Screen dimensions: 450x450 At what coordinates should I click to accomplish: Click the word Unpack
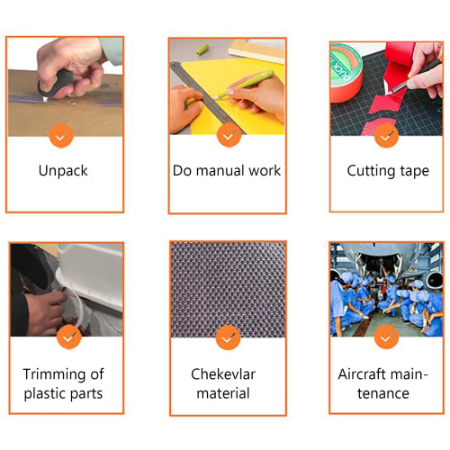(63, 171)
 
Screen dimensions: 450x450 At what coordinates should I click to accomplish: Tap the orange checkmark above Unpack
(61, 136)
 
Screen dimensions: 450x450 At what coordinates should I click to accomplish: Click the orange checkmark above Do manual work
(229, 135)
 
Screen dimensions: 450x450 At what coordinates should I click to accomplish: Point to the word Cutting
(371, 171)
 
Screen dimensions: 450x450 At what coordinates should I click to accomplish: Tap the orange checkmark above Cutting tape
(386, 135)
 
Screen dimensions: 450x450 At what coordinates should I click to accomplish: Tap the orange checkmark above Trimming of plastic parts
(69, 337)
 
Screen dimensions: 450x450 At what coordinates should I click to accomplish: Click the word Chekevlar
(223, 374)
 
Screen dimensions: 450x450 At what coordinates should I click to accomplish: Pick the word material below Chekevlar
(223, 393)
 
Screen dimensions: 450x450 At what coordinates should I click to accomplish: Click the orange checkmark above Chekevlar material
(229, 337)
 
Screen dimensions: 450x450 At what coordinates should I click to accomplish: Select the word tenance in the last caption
(383, 393)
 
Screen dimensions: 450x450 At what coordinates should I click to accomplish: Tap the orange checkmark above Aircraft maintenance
(386, 337)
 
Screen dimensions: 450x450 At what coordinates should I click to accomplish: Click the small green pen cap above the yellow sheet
(202, 49)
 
